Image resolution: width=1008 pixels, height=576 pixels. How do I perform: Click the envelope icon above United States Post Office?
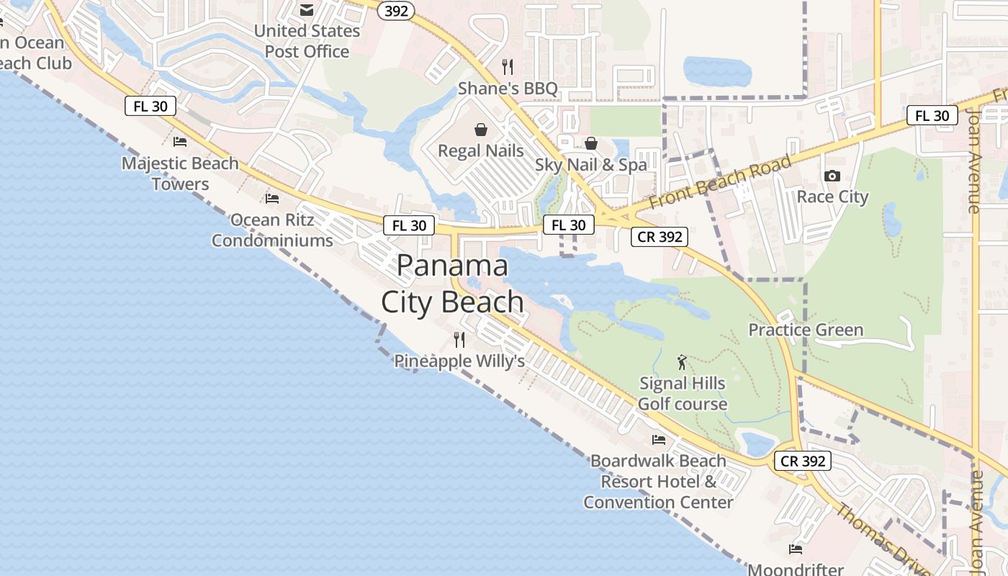[307, 10]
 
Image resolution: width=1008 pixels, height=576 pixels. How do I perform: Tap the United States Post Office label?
[307, 41]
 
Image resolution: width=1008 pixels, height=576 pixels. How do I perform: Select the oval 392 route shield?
[396, 10]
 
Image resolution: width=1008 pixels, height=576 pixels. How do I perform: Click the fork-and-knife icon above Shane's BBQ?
[508, 67]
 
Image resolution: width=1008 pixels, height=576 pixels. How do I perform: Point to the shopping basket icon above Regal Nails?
[480, 130]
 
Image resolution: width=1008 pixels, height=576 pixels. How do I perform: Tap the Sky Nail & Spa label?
[590, 165]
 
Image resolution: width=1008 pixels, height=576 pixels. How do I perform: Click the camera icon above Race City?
[832, 176]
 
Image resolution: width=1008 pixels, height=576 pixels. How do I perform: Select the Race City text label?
[832, 197]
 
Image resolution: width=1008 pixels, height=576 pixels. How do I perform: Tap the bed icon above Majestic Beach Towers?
[180, 141]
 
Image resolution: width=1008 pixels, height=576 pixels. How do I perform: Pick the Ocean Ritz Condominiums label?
[272, 230]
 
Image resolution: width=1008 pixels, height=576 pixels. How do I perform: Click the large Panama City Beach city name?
[452, 284]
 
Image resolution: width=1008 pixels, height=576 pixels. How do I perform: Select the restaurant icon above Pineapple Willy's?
[459, 339]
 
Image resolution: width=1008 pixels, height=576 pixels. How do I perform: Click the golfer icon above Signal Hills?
[682, 362]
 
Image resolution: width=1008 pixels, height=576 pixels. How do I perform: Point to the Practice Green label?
[806, 330]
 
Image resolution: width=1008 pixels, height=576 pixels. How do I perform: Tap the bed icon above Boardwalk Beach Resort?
[658, 439]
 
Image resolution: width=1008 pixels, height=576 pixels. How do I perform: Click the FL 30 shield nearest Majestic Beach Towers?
[150, 106]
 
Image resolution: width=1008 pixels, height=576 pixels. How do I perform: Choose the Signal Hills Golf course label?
[682, 393]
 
